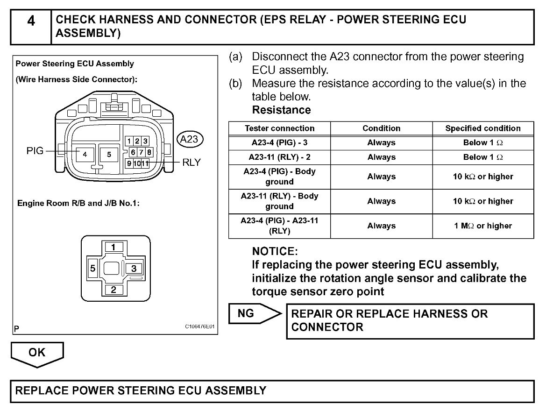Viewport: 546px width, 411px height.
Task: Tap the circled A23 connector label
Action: pos(189,139)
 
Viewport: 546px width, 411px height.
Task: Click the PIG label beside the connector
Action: pos(35,150)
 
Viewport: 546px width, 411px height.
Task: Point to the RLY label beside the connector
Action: pos(191,163)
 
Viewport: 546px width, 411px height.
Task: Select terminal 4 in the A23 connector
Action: pos(85,154)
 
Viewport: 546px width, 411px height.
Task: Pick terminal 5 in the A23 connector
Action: pos(109,154)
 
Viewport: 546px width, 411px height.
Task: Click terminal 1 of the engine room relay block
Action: pos(114,247)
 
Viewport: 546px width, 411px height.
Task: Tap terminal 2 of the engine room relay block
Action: pos(114,290)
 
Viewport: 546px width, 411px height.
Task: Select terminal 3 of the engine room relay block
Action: pos(134,268)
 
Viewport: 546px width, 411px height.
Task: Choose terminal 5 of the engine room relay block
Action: pos(93,268)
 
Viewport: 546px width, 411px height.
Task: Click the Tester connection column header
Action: pos(279,128)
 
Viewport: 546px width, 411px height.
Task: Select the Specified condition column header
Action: pos(482,128)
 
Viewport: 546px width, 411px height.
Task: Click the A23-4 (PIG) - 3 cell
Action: pos(279,143)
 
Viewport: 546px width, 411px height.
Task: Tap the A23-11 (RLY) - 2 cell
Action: pos(279,157)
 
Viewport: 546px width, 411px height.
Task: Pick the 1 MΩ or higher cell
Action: pos(482,226)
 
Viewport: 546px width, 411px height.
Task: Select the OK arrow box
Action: pos(37,353)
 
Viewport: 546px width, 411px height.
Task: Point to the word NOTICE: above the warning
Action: pos(275,251)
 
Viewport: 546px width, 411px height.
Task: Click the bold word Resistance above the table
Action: pos(281,110)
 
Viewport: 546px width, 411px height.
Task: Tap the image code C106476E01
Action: pos(200,327)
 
